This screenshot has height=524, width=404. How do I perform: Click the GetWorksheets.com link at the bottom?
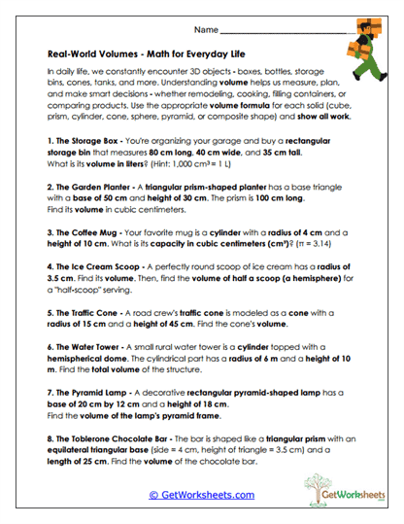pyautogui.click(x=201, y=494)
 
